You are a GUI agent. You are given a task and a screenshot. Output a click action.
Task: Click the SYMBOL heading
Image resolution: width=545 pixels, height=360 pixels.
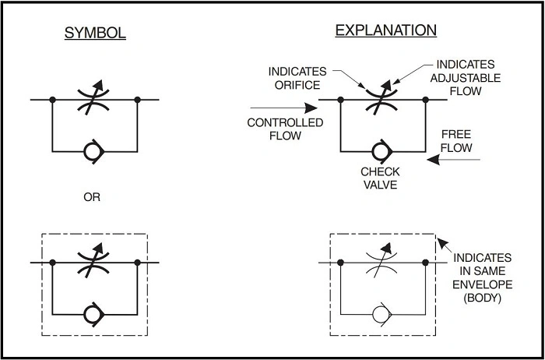95,34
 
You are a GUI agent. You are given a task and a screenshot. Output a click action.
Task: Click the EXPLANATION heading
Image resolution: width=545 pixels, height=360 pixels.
385,31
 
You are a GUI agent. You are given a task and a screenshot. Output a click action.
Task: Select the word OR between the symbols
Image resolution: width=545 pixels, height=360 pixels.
92,197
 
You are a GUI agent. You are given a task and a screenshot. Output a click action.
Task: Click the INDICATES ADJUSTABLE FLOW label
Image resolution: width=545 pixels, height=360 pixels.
466,77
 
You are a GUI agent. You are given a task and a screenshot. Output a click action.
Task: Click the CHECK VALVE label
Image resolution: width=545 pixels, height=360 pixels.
381,177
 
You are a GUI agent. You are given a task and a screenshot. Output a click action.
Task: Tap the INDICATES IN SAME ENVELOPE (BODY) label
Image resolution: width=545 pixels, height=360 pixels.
483,277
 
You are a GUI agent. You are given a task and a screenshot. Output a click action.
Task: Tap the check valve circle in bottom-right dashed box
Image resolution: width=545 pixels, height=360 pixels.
381,316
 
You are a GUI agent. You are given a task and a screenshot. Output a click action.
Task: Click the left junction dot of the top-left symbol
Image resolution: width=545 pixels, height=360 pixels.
52,100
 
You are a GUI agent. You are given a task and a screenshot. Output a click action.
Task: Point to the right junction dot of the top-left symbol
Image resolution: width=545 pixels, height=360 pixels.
137,100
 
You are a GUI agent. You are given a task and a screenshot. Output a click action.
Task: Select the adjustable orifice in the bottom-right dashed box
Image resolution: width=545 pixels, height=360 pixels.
381,263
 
